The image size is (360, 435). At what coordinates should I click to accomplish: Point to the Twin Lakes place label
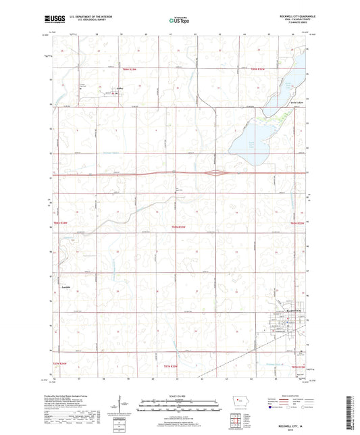[294, 103]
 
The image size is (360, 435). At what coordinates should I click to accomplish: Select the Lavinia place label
[66, 288]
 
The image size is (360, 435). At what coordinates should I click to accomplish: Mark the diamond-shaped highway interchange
[215, 173]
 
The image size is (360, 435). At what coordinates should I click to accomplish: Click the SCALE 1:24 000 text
[178, 396]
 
